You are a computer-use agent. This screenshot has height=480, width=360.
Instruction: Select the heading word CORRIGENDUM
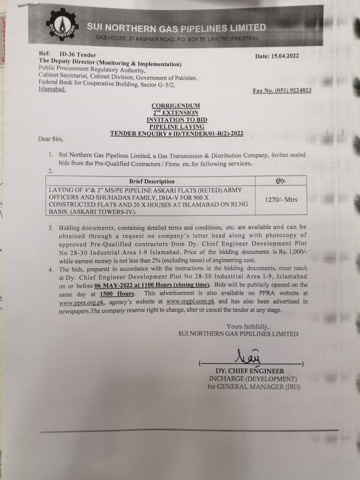(175, 106)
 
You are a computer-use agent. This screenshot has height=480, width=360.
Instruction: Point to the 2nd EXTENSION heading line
(175, 112)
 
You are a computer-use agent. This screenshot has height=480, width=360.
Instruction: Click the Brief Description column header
(152, 181)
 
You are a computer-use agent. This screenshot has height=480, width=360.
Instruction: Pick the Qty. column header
(281, 181)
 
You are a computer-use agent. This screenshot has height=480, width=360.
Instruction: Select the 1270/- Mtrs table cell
(281, 200)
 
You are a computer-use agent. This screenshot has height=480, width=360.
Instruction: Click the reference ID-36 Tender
(77, 55)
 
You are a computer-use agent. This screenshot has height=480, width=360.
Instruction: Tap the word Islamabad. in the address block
(52, 90)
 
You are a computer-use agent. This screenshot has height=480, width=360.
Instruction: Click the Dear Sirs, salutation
(51, 139)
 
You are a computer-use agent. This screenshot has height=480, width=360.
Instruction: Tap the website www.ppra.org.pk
(82, 302)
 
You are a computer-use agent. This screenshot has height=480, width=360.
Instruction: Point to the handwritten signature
(249, 357)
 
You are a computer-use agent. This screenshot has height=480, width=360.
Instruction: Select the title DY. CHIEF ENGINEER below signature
(250, 371)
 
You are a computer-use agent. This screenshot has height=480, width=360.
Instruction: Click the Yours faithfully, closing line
(247, 326)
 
